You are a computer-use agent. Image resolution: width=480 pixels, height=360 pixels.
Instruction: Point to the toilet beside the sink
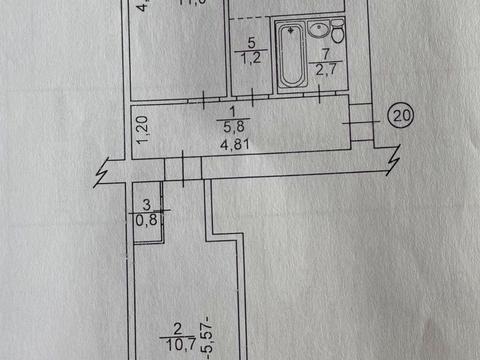pyautogui.click(x=339, y=36)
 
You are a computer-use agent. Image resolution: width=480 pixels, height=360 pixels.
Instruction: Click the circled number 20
pyautogui.click(x=401, y=115)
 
